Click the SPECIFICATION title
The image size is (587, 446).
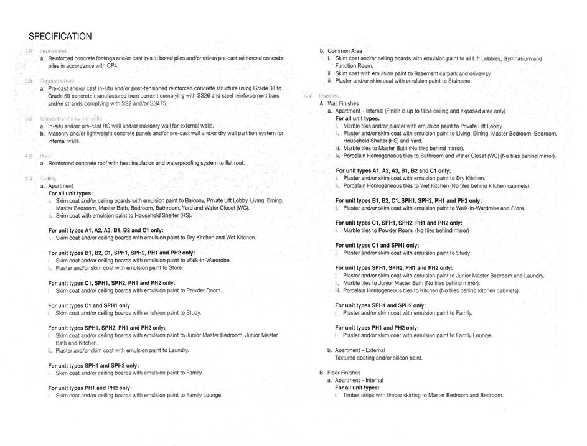(60, 37)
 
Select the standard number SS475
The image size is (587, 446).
(158, 103)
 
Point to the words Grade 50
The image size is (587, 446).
(60, 96)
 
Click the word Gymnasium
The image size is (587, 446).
(519, 58)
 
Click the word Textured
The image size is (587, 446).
(347, 358)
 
